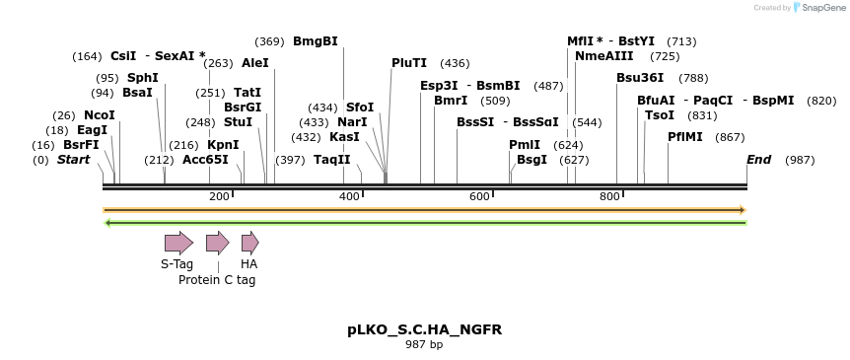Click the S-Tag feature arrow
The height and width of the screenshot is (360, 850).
pyautogui.click(x=178, y=243)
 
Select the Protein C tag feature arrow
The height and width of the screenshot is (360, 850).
pyautogui.click(x=217, y=243)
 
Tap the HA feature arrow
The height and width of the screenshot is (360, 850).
pyautogui.click(x=249, y=243)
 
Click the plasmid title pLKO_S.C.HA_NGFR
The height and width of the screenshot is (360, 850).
pyautogui.click(x=424, y=329)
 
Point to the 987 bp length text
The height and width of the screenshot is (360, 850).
pyautogui.click(x=424, y=345)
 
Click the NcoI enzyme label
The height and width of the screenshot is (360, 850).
pyautogui.click(x=100, y=115)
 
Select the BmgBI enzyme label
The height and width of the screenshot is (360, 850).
pyautogui.click(x=316, y=41)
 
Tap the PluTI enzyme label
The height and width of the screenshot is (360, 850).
pyautogui.click(x=409, y=63)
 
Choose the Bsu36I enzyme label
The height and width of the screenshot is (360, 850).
pyautogui.click(x=640, y=78)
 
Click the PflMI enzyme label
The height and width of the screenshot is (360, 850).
pyautogui.click(x=685, y=137)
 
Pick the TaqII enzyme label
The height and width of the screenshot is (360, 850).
pyautogui.click(x=332, y=160)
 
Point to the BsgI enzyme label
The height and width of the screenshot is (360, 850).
pyautogui.click(x=532, y=160)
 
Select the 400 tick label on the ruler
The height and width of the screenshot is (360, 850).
pyautogui.click(x=349, y=197)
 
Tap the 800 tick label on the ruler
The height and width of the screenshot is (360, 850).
pyautogui.click(x=609, y=197)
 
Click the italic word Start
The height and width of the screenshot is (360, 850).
pyautogui.click(x=73, y=160)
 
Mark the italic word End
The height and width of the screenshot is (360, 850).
pyautogui.click(x=758, y=160)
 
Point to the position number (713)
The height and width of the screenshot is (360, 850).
pyautogui.click(x=681, y=41)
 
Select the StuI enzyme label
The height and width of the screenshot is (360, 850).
pyautogui.click(x=238, y=122)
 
